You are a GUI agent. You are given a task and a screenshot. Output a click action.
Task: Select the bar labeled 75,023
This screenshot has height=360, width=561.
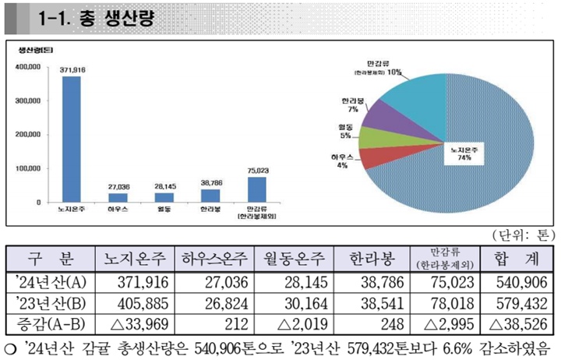257,189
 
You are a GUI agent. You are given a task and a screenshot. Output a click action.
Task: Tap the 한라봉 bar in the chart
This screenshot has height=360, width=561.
210,195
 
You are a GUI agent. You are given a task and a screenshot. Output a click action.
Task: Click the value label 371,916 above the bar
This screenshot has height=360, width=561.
72,70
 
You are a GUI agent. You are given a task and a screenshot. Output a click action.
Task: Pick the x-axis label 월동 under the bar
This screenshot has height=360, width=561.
164,210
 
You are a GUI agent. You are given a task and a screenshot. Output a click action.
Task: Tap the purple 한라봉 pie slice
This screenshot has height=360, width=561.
386,117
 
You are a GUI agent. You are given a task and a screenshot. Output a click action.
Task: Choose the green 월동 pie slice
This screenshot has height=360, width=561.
374,138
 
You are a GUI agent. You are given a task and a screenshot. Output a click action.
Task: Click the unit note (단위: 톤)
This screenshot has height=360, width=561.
521,234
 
